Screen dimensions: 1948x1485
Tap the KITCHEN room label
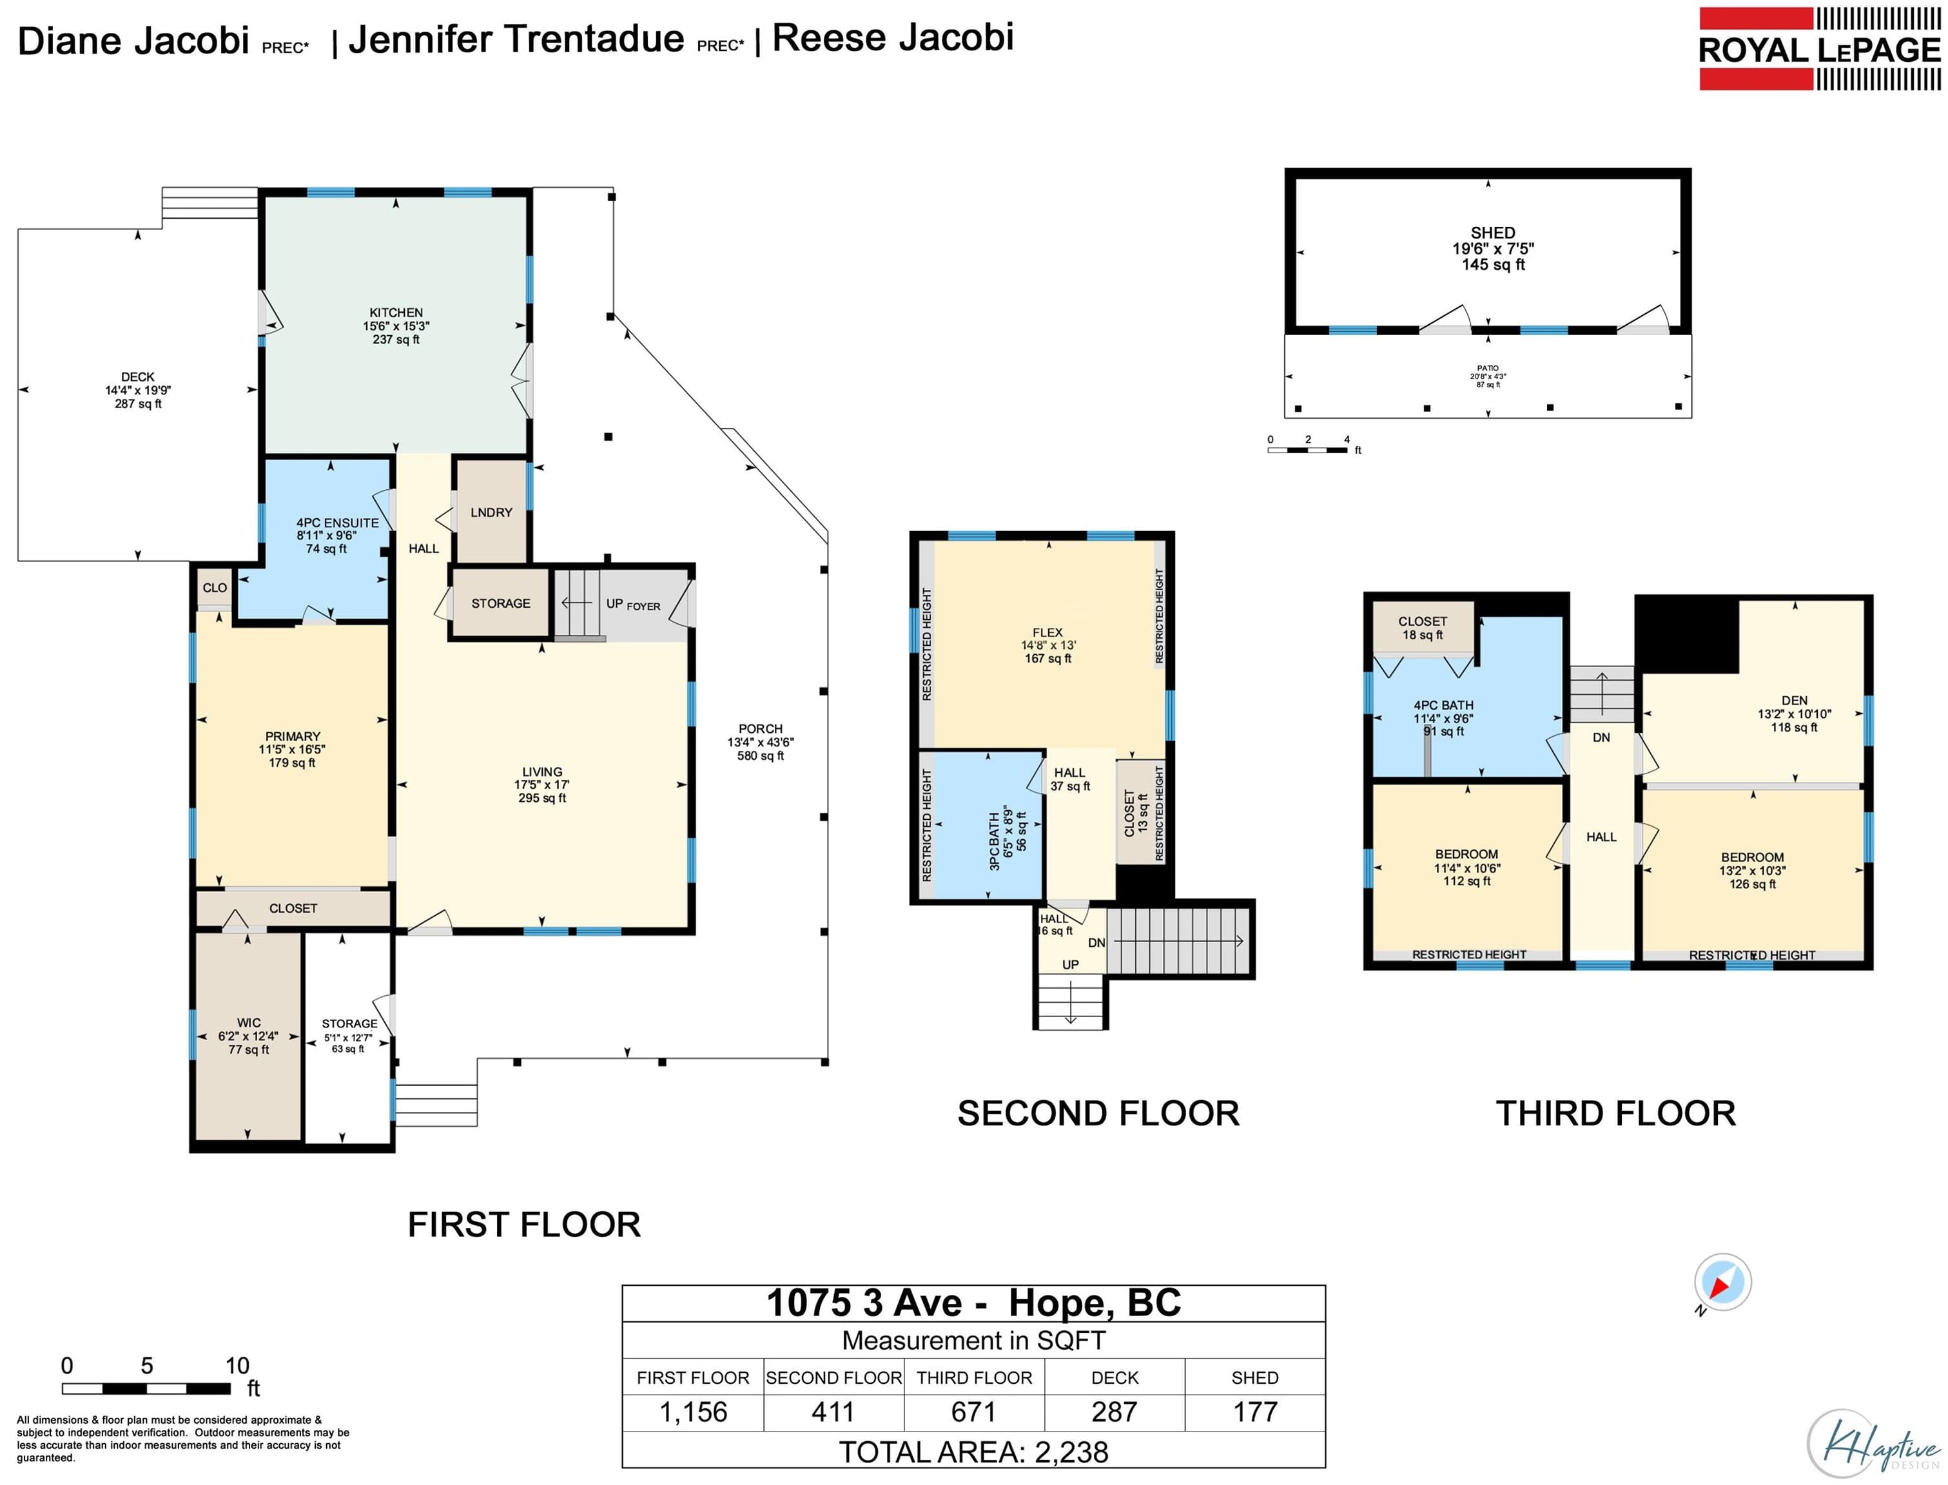point(396,313)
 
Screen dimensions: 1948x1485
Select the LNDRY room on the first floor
point(491,512)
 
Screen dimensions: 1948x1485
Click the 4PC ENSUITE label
point(338,523)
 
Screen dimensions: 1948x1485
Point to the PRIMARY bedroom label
point(293,736)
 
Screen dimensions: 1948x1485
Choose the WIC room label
point(248,1023)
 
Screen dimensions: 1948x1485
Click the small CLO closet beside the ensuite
point(215,588)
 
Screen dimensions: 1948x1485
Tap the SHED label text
point(1493,233)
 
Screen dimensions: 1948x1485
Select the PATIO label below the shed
point(1488,369)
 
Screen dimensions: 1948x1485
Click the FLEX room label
point(1047,633)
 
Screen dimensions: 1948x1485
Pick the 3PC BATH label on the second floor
point(995,842)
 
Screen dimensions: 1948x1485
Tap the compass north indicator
point(1722,1283)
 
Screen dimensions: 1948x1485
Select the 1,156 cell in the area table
point(693,1412)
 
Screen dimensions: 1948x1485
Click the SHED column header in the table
point(1254,1378)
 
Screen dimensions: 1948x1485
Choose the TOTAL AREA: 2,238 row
point(973,1452)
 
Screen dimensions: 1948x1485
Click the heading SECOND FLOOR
point(1098,1114)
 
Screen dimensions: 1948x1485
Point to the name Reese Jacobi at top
point(893,38)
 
